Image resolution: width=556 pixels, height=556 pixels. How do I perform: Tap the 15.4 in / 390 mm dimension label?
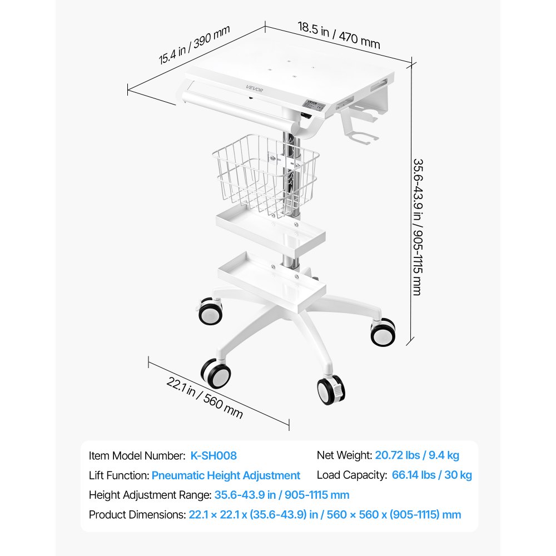point(194,44)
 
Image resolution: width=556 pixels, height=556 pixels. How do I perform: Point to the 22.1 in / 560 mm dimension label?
point(205,398)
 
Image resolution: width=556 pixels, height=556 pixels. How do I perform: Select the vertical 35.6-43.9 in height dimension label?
point(418,227)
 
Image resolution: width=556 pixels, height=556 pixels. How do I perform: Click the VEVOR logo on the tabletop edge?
point(255,88)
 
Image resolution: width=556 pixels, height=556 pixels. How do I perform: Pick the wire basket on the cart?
point(266,175)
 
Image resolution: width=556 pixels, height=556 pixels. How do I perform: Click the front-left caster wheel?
point(216,374)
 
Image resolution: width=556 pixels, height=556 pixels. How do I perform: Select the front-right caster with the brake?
point(331,390)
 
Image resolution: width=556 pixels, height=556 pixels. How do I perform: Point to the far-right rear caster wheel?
point(383,332)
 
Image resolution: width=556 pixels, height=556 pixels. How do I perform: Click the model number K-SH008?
point(214,456)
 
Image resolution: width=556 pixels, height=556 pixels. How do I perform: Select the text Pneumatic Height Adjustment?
point(226,475)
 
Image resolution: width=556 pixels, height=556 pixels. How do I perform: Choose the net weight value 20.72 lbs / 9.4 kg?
point(417,455)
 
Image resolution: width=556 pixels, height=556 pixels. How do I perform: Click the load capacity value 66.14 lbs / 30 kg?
point(432,475)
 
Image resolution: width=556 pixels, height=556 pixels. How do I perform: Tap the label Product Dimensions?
point(137,514)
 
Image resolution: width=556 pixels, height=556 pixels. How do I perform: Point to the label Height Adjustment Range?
point(150,495)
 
